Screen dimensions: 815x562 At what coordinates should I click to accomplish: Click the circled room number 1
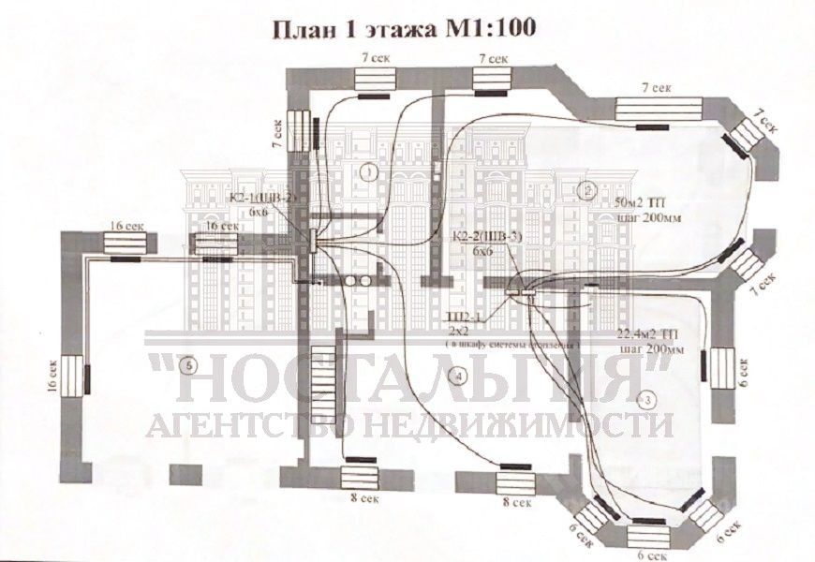pyautogui.click(x=368, y=172)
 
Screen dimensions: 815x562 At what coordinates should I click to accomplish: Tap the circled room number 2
pyautogui.click(x=587, y=190)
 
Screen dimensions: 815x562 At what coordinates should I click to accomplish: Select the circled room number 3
pyautogui.click(x=644, y=399)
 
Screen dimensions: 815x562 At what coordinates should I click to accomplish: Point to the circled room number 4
pyautogui.click(x=456, y=377)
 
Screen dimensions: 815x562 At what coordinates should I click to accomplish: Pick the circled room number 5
pyautogui.click(x=190, y=363)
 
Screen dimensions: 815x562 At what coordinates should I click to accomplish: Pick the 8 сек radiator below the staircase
pyautogui.click(x=361, y=476)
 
